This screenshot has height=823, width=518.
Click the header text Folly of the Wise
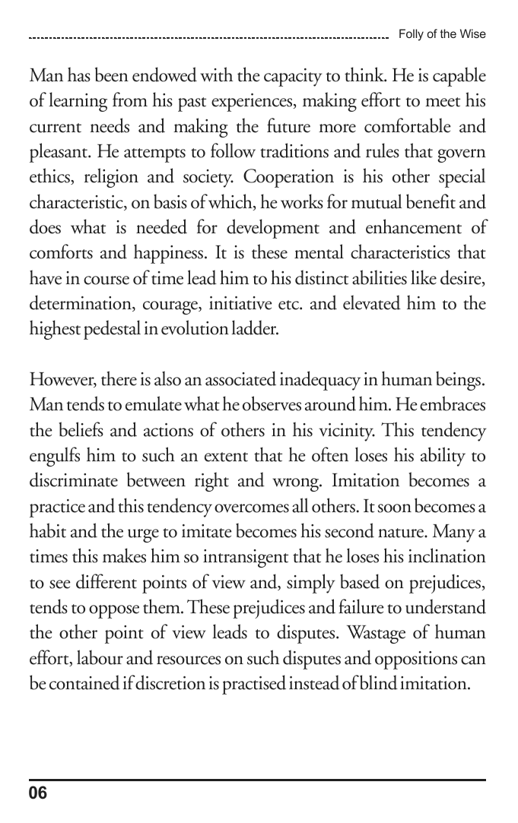(x=442, y=34)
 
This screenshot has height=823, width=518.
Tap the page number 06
(x=38, y=793)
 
